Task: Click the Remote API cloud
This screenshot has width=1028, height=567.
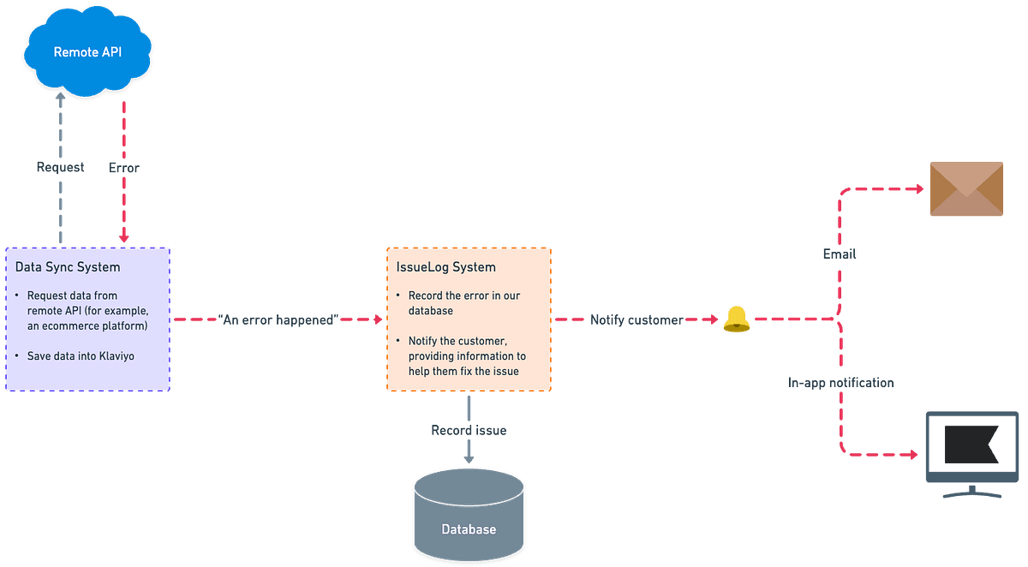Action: tap(87, 51)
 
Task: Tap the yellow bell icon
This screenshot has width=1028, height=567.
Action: tap(736, 319)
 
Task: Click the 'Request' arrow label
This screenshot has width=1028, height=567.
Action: tap(60, 168)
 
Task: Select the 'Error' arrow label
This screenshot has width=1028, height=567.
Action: tap(124, 168)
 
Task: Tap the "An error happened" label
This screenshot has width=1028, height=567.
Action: tap(278, 319)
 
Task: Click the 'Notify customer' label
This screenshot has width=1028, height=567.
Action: tap(637, 319)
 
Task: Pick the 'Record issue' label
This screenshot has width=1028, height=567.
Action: tap(469, 430)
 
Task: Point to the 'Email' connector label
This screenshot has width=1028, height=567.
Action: tap(840, 254)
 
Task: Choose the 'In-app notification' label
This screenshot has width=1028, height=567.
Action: tap(841, 382)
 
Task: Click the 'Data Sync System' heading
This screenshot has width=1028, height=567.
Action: tap(68, 267)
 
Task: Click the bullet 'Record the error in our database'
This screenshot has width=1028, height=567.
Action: tap(463, 303)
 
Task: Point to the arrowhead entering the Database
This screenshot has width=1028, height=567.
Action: tap(469, 459)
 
